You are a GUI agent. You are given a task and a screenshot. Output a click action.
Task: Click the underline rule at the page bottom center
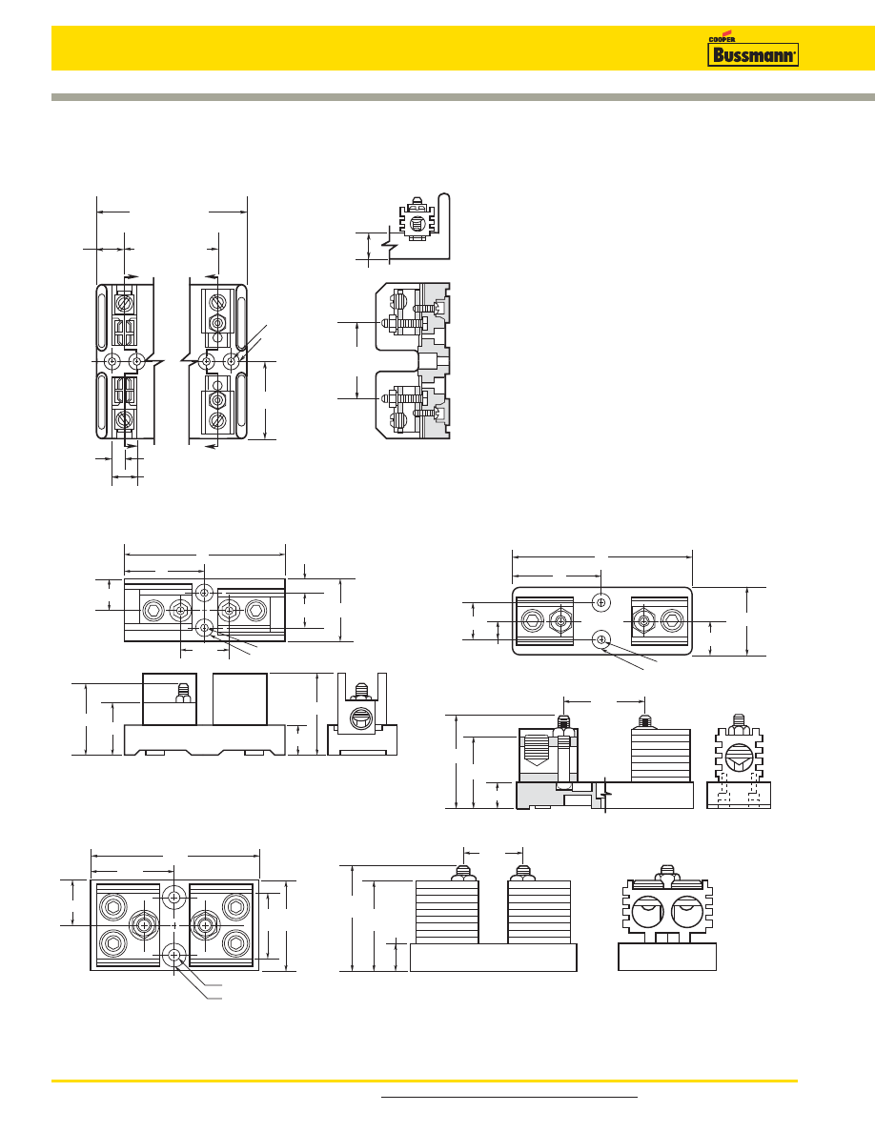click(x=509, y=1097)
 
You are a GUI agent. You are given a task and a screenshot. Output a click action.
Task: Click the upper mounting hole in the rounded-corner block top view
click(x=601, y=602)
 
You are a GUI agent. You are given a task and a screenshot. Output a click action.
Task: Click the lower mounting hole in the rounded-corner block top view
click(x=601, y=640)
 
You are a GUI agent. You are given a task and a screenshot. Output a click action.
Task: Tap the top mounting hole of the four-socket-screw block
click(x=174, y=897)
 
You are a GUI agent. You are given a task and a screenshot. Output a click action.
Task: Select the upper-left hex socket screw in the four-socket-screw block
click(x=113, y=906)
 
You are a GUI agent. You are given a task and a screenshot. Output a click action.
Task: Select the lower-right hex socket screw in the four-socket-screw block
click(x=235, y=944)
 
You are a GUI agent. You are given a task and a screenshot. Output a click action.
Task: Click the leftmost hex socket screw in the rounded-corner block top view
click(x=532, y=621)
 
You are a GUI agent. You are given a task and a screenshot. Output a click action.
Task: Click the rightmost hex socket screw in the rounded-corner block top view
click(x=672, y=621)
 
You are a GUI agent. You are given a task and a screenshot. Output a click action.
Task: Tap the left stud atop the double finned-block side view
click(x=463, y=872)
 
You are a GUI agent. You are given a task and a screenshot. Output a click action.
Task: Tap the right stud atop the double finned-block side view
click(x=521, y=872)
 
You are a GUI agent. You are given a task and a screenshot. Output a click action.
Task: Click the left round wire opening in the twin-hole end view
click(x=646, y=916)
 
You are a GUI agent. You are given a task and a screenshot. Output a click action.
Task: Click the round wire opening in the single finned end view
click(x=738, y=758)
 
